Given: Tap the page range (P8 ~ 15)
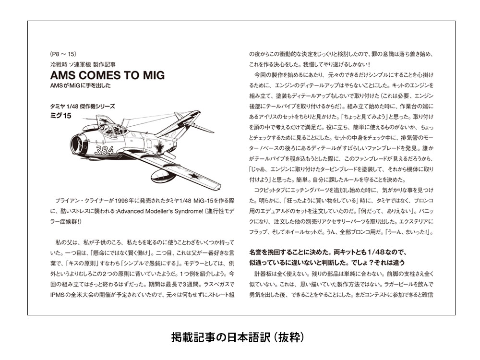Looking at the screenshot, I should tap(62, 54).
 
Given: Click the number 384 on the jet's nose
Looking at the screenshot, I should tap(104, 150).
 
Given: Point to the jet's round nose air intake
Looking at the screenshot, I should tap(76, 143).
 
